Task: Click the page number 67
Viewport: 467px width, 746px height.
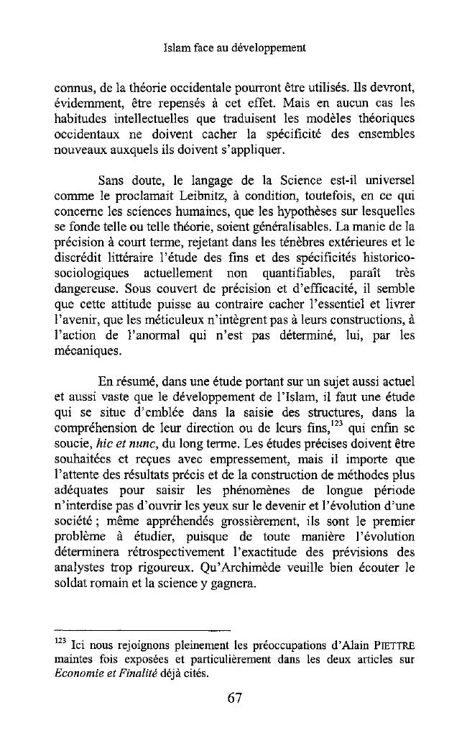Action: pos(234,698)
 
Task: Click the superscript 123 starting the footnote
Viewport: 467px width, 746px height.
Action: pos(60,640)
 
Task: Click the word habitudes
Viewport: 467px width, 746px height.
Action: pos(83,119)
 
